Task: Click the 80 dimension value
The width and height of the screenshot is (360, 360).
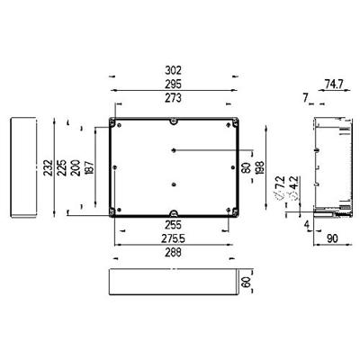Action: point(247,166)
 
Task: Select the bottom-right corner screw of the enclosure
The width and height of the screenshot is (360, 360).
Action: point(237,212)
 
